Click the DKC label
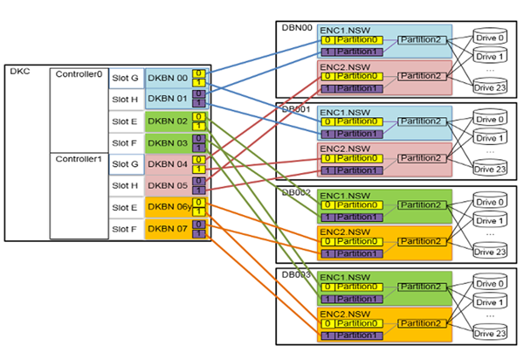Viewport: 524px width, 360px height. (19, 73)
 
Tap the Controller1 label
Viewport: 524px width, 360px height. (78, 159)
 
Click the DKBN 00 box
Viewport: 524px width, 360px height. (168, 79)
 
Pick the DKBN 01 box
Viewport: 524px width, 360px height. (168, 100)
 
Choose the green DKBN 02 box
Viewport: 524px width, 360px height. (168, 121)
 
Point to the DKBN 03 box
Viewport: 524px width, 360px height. (168, 142)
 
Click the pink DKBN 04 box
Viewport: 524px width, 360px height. (168, 164)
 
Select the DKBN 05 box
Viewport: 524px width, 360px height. (168, 185)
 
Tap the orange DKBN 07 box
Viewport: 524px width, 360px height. (168, 229)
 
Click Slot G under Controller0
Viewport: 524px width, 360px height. (126, 79)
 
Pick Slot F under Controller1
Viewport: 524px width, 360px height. (126, 229)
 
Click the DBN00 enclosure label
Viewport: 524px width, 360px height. (294, 27)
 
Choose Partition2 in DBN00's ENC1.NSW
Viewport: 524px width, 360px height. (421, 40)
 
